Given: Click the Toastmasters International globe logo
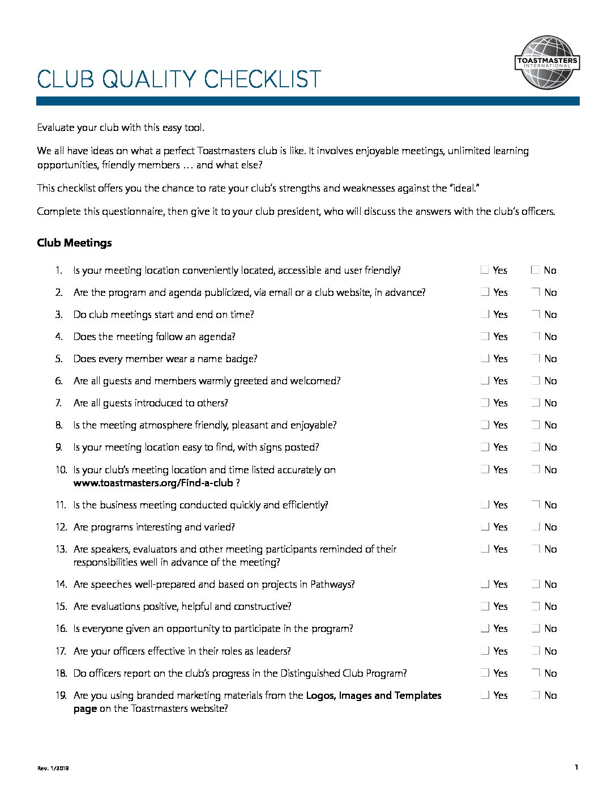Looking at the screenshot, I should click(547, 63).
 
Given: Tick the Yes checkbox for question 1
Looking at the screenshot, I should click(485, 270).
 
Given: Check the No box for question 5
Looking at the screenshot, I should click(536, 358).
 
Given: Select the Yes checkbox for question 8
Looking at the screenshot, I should click(485, 425).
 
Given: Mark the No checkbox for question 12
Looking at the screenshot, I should click(536, 527).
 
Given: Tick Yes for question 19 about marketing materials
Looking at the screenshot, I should click(485, 695).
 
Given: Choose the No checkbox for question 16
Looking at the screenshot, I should click(536, 628).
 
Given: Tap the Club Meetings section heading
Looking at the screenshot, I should click(74, 243).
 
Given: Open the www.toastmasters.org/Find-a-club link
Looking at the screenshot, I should click(153, 483).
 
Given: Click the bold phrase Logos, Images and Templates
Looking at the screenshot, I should click(374, 695).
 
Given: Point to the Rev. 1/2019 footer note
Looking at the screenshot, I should click(53, 769).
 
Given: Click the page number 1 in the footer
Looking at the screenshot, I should click(576, 767).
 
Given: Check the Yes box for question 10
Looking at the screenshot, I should click(485, 469).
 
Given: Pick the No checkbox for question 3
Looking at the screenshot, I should click(536, 314).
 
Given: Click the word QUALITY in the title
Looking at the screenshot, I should click(149, 80).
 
